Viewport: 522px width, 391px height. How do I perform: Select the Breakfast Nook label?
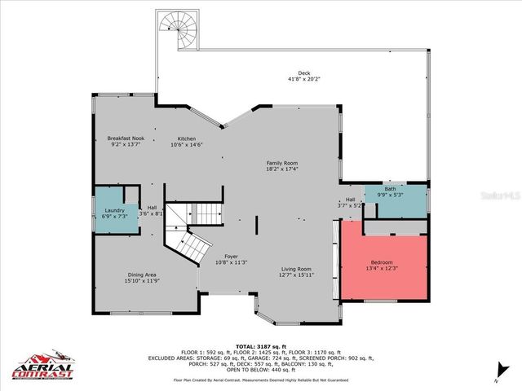(x=126, y=138)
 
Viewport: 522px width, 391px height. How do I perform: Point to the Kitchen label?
(x=187, y=138)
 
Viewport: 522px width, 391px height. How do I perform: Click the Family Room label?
(x=282, y=163)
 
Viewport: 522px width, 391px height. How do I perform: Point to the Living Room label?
(x=296, y=269)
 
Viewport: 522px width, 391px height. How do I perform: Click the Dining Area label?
(x=141, y=275)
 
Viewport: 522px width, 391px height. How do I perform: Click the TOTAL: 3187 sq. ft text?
(x=260, y=346)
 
